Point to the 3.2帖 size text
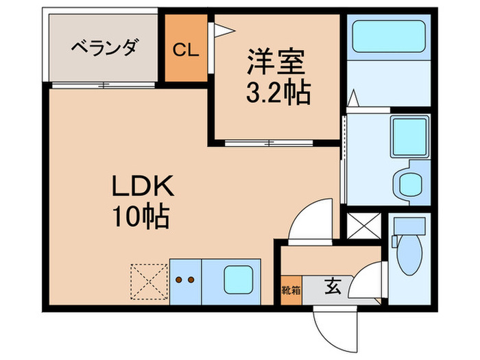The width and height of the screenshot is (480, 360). [277, 92]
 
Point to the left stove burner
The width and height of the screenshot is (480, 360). [180, 280]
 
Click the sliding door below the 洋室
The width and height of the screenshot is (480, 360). [270, 143]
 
